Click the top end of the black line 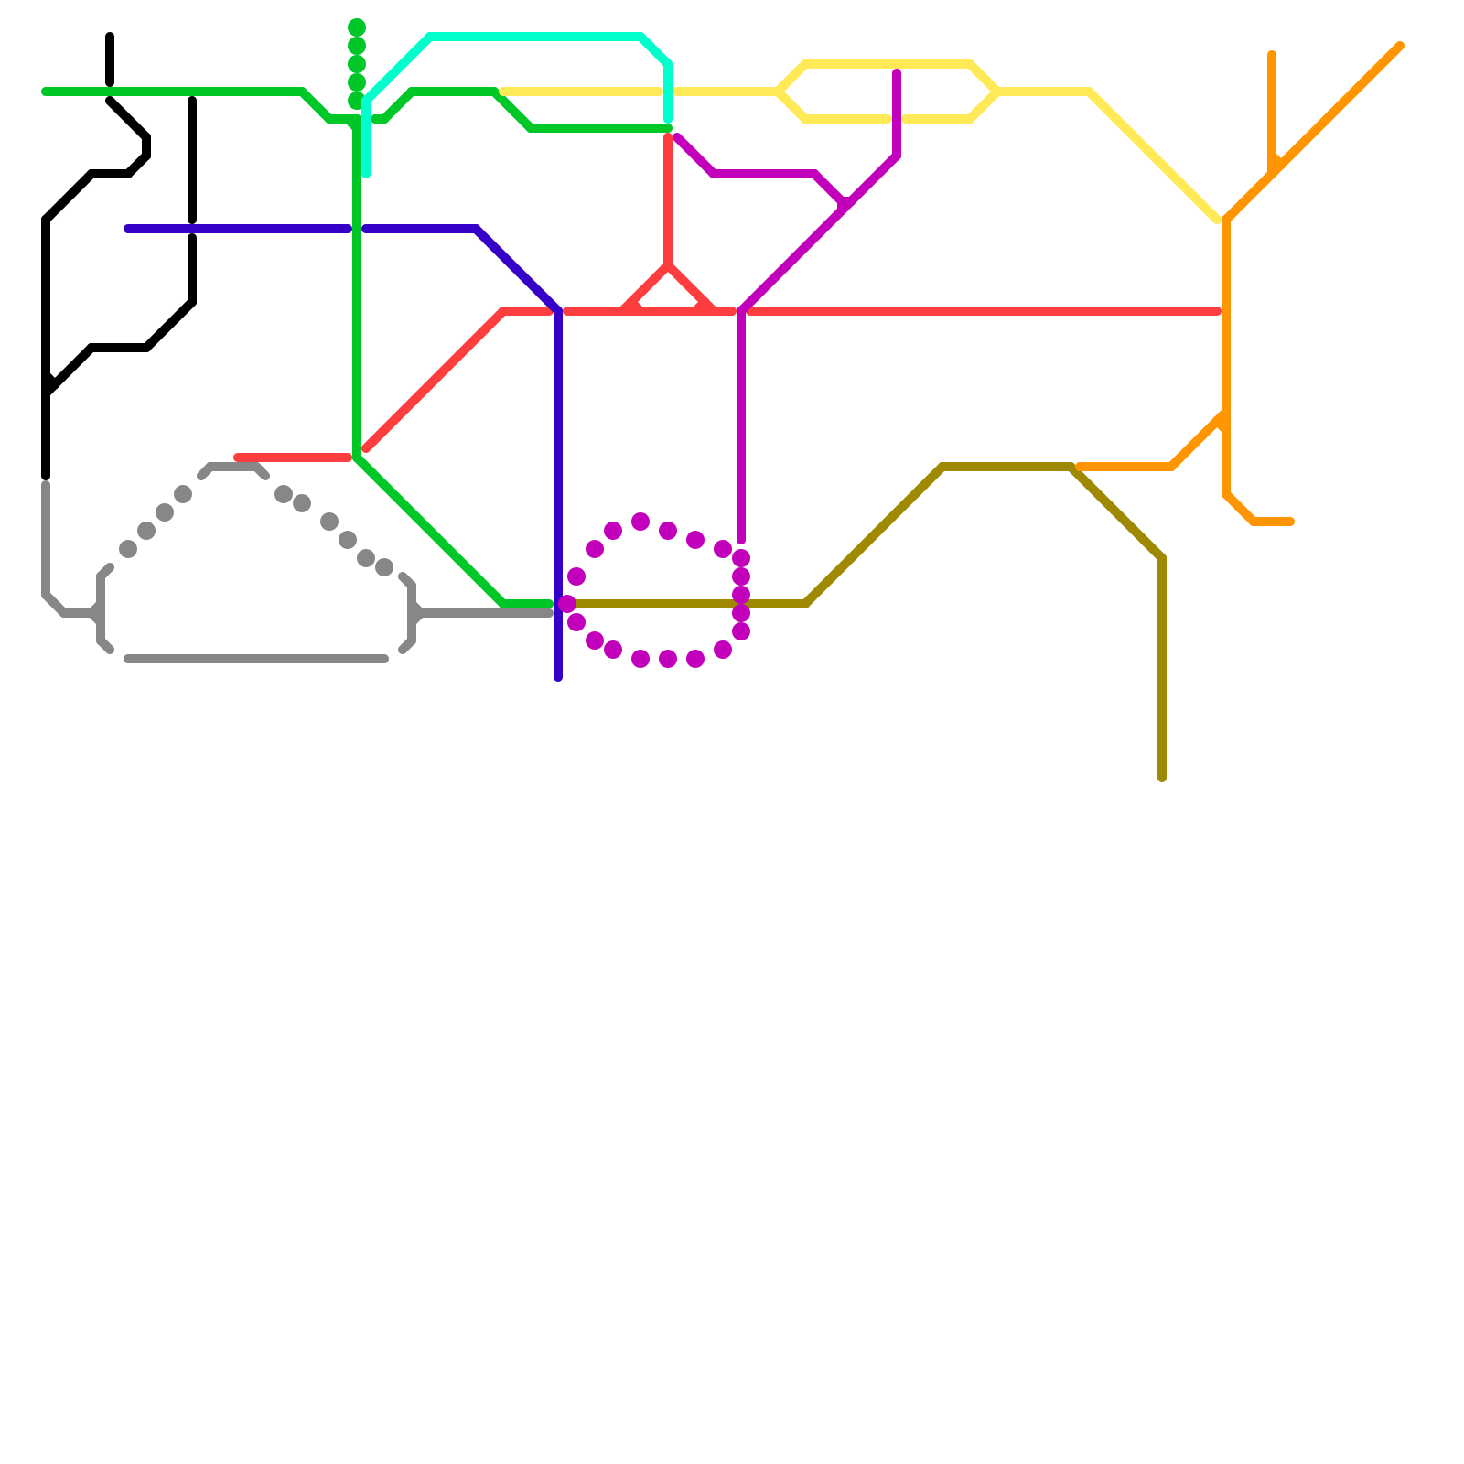(x=110, y=37)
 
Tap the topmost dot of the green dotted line (x=357, y=27)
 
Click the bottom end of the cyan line (x=366, y=174)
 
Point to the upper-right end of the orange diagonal (x=1400, y=46)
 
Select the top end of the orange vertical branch (x=1272, y=55)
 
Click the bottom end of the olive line (x=1162, y=779)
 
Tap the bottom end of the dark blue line (x=558, y=678)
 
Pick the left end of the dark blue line (x=128, y=229)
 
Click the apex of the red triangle (x=669, y=265)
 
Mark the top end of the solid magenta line (x=897, y=72)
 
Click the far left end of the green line (x=45, y=91)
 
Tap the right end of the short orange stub (x=1291, y=522)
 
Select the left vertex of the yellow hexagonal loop (x=779, y=91)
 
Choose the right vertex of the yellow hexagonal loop (x=997, y=91)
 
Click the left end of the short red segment (x=237, y=457)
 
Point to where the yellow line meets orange (x=1222, y=221)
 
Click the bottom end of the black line (x=46, y=477)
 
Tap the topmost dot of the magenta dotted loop (x=640, y=522)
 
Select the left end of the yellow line (x=503, y=91)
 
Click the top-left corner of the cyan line (x=430, y=37)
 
